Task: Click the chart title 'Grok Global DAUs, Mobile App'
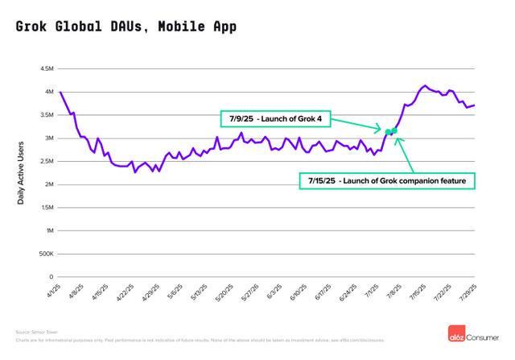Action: pyautogui.click(x=126, y=27)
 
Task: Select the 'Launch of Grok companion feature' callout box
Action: pyautogui.click(x=386, y=181)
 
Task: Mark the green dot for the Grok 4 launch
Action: pyautogui.click(x=388, y=132)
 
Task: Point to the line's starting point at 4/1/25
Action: pyautogui.click(x=60, y=93)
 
